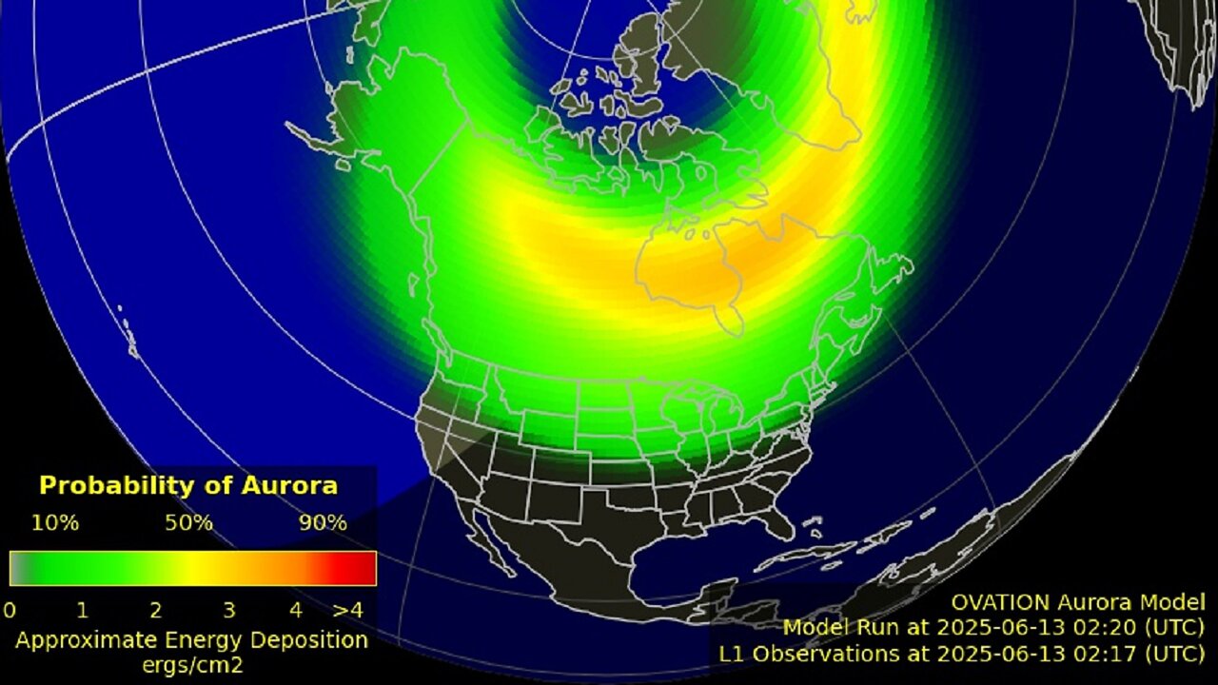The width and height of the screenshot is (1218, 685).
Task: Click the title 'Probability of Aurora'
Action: coord(188,485)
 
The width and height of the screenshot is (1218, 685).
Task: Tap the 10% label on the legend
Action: coord(55,522)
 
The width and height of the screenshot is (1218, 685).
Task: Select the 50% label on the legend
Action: coord(188,522)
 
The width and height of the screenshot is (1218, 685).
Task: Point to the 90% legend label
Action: coord(323,522)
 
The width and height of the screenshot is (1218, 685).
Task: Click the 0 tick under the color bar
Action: coord(10,609)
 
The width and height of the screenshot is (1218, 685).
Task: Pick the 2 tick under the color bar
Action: coord(155,609)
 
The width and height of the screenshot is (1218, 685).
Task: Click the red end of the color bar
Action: coord(362,568)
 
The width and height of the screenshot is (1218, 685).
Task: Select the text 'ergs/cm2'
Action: coord(191,665)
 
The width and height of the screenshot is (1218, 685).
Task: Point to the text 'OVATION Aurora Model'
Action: coord(1078,602)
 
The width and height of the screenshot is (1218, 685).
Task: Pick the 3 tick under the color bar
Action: coord(228,609)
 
